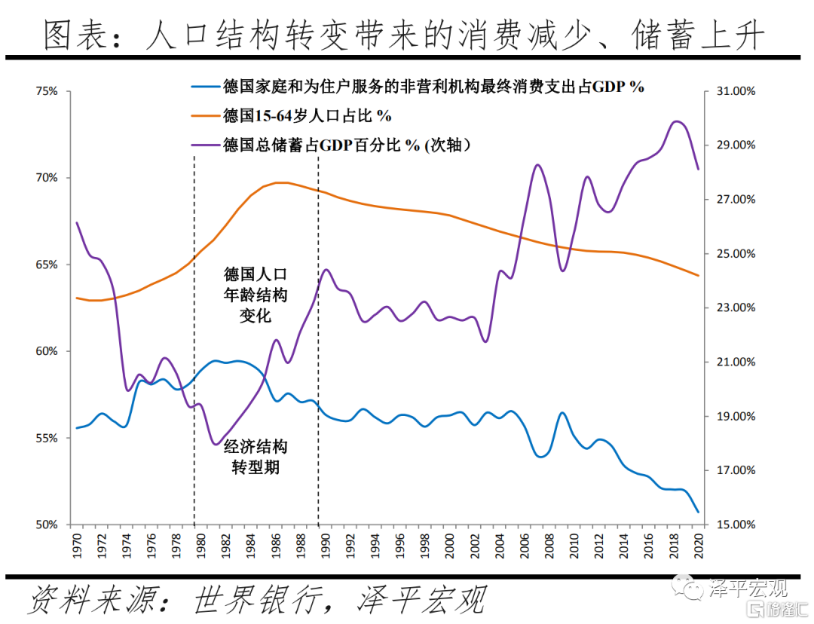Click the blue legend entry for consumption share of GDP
coord(433,87)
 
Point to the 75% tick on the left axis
coord(47,91)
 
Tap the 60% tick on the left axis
coord(47,351)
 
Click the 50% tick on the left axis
coord(47,525)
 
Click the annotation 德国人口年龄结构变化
coord(256,295)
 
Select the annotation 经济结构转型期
coord(256,457)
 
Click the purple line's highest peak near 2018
coord(677,121)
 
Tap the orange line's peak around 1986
coord(281,182)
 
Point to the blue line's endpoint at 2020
coord(698,512)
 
